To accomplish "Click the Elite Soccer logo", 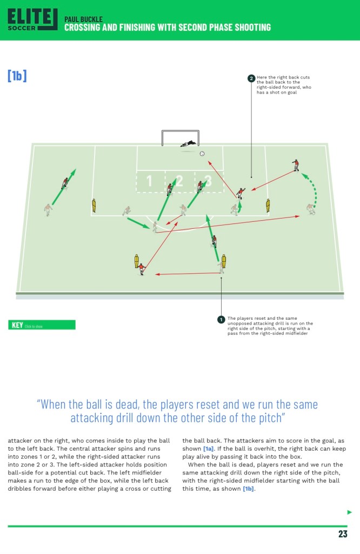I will [32, 19].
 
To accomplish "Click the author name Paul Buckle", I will [83, 19].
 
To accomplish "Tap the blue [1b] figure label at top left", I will [17, 76].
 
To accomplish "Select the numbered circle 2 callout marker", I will [251, 78].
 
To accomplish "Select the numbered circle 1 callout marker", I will [221, 320].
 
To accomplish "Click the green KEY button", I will [42, 325].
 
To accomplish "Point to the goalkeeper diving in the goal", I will [189, 144].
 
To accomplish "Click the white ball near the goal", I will [202, 154].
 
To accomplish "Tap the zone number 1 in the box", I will [150, 181].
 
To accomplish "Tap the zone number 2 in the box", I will [179, 181].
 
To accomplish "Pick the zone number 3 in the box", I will [208, 181].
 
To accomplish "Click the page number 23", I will [343, 534].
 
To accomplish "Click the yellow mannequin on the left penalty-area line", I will [94, 206].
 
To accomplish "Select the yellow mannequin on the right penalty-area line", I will [268, 206].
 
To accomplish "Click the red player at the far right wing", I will [296, 164].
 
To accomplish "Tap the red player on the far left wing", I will [65, 183].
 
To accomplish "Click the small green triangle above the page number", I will [349, 512].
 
